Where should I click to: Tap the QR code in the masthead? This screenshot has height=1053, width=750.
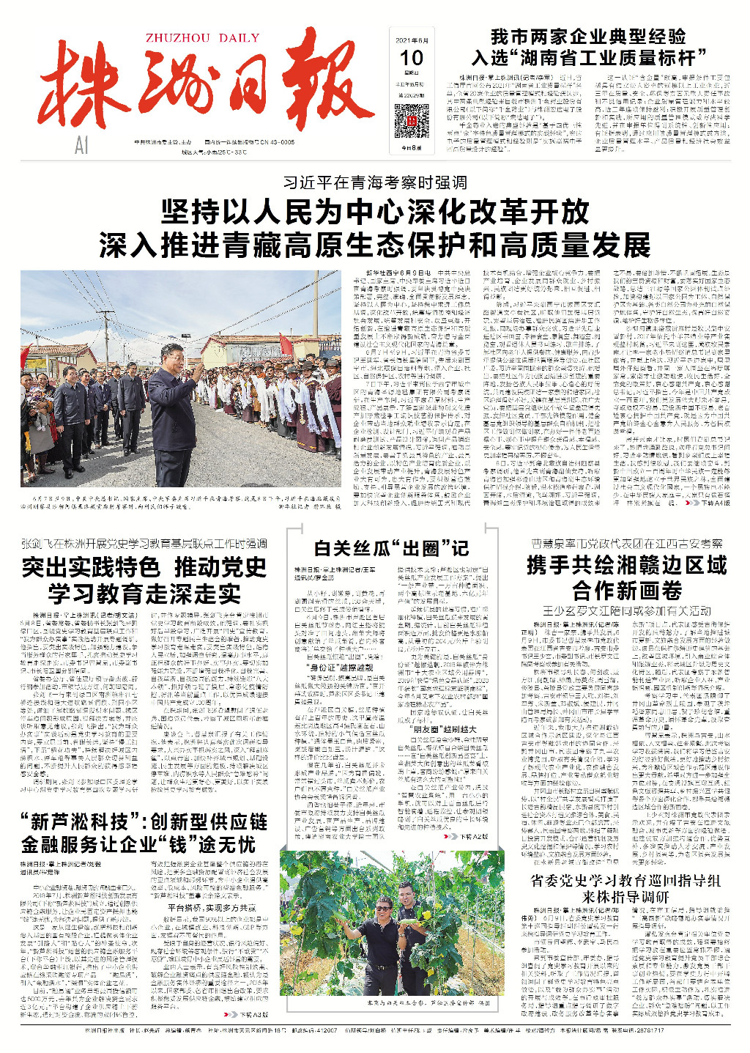tap(412, 121)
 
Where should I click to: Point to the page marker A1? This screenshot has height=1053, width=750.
tap(81, 146)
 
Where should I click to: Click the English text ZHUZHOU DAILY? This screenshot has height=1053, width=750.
tap(202, 39)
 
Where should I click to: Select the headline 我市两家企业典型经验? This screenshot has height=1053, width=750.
tap(588, 37)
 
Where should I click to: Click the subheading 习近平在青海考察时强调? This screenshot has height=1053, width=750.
tap(375, 182)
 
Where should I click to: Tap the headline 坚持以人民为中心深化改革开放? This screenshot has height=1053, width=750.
tap(375, 213)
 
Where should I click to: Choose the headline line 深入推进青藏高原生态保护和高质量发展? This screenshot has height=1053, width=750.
tap(375, 245)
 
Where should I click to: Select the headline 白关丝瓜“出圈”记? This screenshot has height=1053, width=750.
tap(391, 548)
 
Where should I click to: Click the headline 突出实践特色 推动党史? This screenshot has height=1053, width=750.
tap(144, 567)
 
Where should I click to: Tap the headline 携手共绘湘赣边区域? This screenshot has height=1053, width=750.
tap(626, 566)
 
